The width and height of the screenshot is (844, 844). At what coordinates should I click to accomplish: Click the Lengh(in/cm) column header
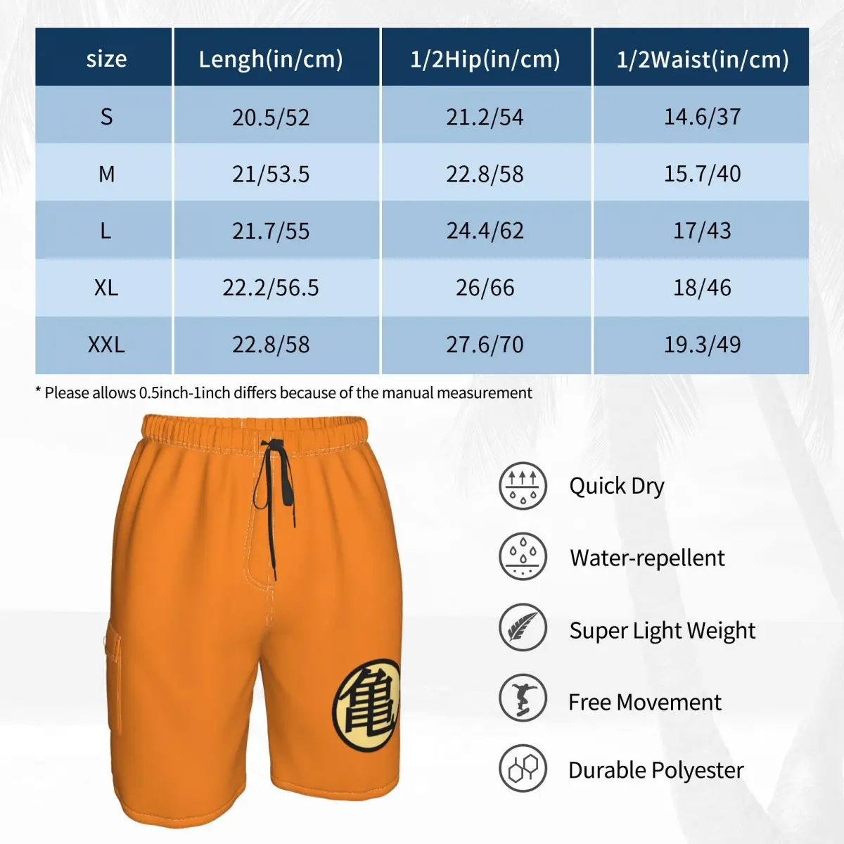[271, 59]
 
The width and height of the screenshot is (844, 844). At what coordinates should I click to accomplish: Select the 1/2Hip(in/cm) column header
[485, 59]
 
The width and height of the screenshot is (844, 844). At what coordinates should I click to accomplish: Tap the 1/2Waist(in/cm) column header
[702, 59]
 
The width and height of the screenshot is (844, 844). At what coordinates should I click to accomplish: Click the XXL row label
[106, 345]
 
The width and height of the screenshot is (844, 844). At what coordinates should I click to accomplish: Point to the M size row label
[106, 174]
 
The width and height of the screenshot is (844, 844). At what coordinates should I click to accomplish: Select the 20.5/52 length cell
[271, 117]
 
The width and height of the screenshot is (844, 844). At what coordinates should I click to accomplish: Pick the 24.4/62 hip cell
[485, 231]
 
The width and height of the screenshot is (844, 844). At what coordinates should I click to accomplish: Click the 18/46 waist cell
[702, 288]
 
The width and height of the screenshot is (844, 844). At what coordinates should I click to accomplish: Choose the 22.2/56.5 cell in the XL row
[271, 288]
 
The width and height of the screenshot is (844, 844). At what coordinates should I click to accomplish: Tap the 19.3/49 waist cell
[702, 345]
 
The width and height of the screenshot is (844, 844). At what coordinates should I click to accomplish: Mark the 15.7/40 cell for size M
[702, 174]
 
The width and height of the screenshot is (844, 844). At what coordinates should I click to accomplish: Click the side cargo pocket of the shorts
[113, 675]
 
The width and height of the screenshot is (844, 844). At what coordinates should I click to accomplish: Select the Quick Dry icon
[523, 486]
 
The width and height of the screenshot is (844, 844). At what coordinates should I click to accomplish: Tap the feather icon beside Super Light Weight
[523, 627]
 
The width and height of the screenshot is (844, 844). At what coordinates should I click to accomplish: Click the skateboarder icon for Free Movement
[523, 698]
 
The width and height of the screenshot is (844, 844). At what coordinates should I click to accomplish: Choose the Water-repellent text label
[647, 558]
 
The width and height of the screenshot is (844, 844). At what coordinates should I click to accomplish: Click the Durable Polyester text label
[656, 770]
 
